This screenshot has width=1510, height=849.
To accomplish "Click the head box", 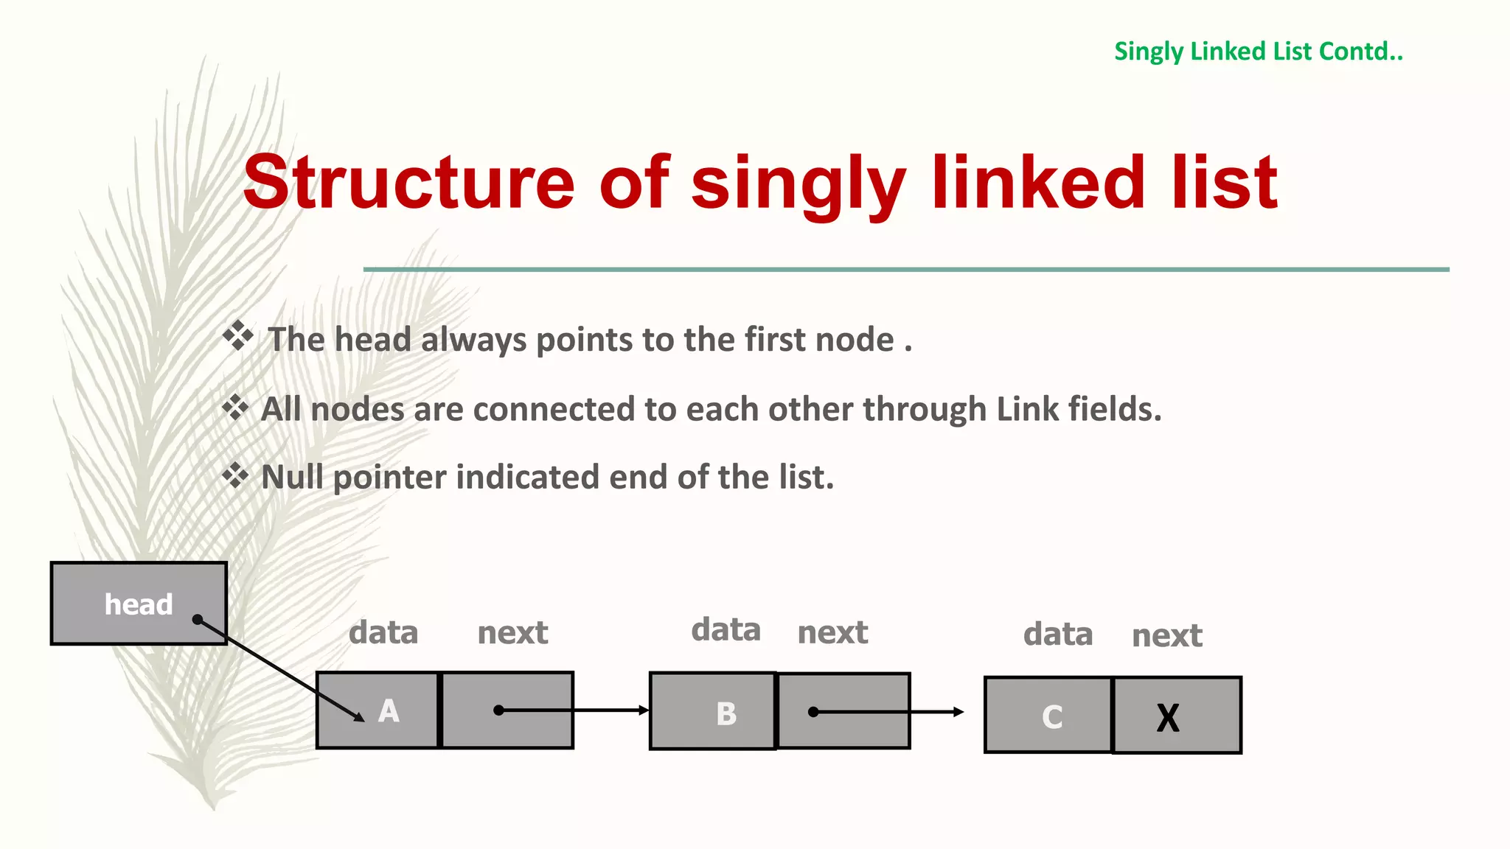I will pyautogui.click(x=138, y=604).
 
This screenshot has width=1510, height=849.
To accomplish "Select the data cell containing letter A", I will pyautogui.click(x=377, y=710).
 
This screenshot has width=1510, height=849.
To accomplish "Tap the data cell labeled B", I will pyautogui.click(x=712, y=712).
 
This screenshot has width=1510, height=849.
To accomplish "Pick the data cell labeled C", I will pyautogui.click(x=1048, y=716).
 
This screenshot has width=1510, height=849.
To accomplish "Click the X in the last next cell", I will pyautogui.click(x=1168, y=717).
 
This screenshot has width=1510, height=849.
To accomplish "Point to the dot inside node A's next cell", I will pyautogui.click(x=499, y=710).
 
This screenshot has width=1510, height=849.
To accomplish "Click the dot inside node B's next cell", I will pyautogui.click(x=813, y=712).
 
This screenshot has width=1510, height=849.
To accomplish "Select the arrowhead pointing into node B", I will pyautogui.click(x=644, y=710).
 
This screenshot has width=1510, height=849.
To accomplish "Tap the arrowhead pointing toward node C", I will pyautogui.click(x=958, y=712).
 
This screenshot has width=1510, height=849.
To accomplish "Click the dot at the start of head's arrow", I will pyautogui.click(x=198, y=620).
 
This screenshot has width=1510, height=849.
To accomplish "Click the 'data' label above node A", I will pyautogui.click(x=383, y=632).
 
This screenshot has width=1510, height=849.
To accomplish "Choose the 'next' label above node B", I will pyautogui.click(x=832, y=632).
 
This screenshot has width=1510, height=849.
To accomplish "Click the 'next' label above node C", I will pyautogui.click(x=1166, y=635).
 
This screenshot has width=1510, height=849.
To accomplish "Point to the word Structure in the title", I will pyautogui.click(x=408, y=183).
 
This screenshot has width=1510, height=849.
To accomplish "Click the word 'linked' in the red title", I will pyautogui.click(x=1038, y=183).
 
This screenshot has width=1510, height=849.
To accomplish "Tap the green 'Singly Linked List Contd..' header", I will pyautogui.click(x=1258, y=52).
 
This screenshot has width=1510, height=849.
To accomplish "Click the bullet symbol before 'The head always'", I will pyautogui.click(x=238, y=336).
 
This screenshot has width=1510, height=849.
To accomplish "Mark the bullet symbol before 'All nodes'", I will pyautogui.click(x=235, y=407).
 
